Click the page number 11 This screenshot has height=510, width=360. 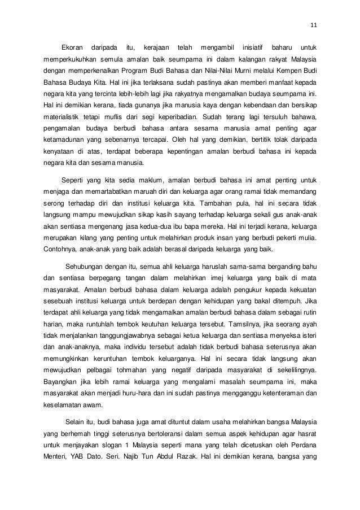[314, 24]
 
